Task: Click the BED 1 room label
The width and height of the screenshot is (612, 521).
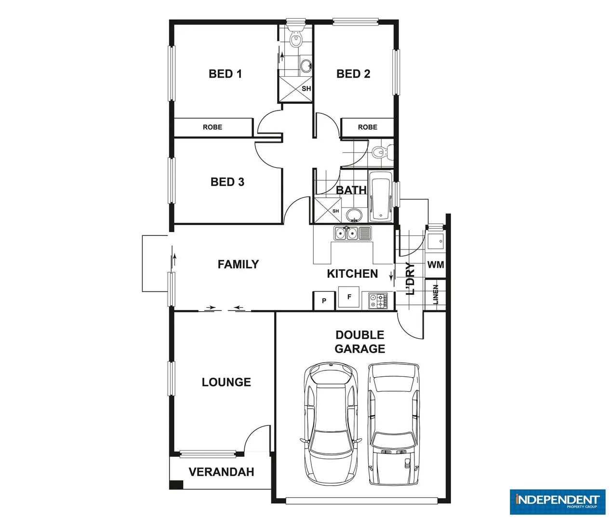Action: [225, 74]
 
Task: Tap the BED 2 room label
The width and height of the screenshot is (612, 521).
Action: [353, 74]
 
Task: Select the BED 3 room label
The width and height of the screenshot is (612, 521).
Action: [227, 182]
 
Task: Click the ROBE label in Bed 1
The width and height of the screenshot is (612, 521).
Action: [213, 127]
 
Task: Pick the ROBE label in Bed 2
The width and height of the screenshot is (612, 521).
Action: [367, 127]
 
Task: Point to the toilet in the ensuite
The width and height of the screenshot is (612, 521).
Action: [296, 39]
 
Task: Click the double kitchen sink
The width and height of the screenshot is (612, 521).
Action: [346, 233]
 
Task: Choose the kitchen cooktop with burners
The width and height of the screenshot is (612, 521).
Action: [378, 301]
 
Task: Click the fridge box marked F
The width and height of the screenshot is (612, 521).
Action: [349, 297]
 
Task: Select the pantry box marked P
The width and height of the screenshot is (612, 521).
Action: [324, 301]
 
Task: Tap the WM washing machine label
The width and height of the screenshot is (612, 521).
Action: [436, 265]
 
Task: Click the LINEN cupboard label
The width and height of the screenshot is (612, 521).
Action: [436, 294]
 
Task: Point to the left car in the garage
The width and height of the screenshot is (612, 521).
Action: [331, 425]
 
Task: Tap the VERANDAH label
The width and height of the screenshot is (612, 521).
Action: [221, 472]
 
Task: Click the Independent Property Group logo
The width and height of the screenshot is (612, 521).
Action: [557, 501]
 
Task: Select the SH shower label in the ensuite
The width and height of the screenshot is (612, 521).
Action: [306, 89]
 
